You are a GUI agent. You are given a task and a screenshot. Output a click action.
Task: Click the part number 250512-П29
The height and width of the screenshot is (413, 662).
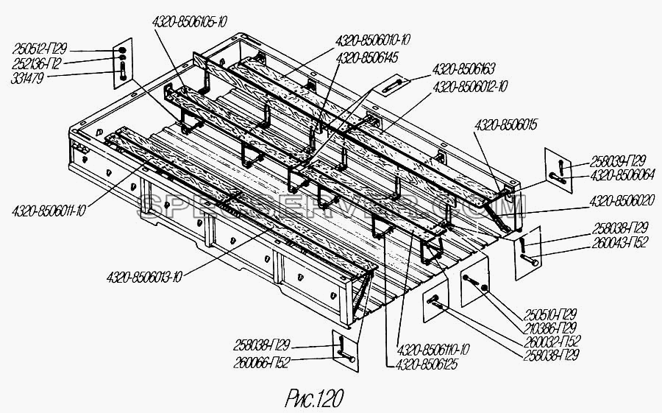click(40, 49)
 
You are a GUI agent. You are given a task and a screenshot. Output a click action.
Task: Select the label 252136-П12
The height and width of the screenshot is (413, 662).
click(38, 64)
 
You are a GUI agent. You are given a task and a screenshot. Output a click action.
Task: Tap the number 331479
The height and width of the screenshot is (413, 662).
click(27, 78)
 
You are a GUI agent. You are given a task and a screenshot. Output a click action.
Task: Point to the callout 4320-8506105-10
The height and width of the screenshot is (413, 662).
click(189, 22)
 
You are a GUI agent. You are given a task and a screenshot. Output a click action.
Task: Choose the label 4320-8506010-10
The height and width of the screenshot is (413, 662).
click(373, 40)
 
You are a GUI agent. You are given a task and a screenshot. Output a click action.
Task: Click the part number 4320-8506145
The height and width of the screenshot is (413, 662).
click(367, 58)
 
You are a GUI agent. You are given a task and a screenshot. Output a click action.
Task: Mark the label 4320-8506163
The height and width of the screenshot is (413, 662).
click(463, 69)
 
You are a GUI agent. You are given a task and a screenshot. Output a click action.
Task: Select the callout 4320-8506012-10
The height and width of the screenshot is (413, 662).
click(470, 86)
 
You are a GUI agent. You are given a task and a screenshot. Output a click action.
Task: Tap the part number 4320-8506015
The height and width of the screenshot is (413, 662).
click(505, 126)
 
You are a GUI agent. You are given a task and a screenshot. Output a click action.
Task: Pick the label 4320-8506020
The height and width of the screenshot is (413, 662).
click(622, 200)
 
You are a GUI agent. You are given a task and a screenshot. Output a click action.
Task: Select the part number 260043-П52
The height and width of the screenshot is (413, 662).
click(619, 242)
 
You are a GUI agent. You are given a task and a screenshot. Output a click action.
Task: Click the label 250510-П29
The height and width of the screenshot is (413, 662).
click(550, 314)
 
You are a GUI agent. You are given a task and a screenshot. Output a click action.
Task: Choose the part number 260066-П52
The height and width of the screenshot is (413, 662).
click(262, 363)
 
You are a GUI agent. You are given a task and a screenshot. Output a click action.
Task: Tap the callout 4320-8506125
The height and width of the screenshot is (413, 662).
click(426, 364)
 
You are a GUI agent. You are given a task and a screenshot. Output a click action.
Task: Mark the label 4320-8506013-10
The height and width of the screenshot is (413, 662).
click(144, 278)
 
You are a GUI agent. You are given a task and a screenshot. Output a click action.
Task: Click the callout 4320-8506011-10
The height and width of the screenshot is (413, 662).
click(49, 210)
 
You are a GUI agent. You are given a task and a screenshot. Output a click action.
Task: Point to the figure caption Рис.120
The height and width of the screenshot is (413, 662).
click(314, 398)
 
